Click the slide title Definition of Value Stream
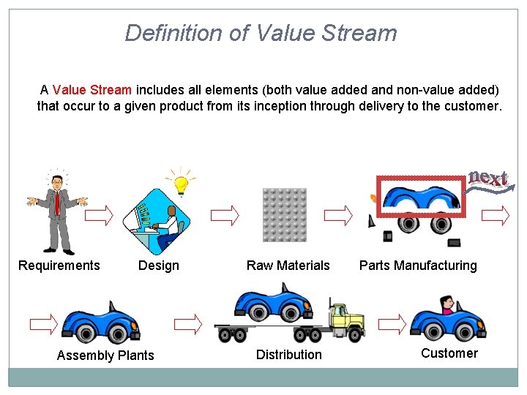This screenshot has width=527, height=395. coord(261,33)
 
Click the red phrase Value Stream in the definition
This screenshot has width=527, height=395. coord(92,90)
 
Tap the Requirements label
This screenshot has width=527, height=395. coord(59,266)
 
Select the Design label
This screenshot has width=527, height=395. coord(159,266)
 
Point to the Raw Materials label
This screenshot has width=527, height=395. coord(288,266)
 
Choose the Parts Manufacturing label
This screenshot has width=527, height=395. coord(418,266)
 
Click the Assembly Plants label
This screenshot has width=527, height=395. coord(105,355)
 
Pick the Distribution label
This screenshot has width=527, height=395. coord(288,355)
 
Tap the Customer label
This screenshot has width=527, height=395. coord(449,353)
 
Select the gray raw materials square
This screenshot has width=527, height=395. coord(284,215)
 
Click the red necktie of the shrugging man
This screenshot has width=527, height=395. coord(57,203)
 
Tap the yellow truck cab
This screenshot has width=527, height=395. coord(346,318)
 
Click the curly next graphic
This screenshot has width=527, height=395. coord(488,179)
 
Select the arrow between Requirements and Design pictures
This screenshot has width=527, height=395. coord(100,215)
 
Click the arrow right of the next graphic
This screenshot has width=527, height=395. coord(496,215)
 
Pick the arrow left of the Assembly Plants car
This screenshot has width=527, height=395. coord(43,323)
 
